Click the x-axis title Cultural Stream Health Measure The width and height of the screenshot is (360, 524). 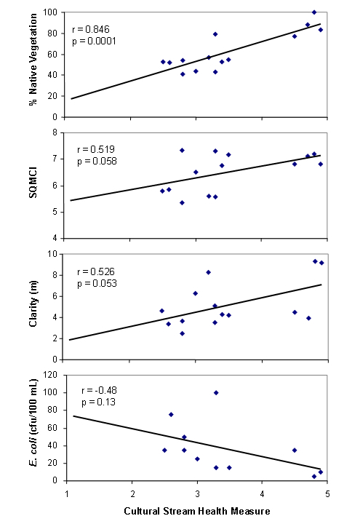[x=196, y=511]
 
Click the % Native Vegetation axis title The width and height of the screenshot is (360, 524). [x=33, y=60]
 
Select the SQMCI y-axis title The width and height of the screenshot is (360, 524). [x=33, y=183]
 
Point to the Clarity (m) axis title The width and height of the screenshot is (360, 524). [x=33, y=303]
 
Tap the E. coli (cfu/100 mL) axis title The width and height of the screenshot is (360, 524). [x=33, y=423]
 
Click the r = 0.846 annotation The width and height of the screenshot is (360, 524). [x=90, y=29]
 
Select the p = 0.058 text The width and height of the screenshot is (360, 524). [x=97, y=162]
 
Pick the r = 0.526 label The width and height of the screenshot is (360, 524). [x=96, y=271]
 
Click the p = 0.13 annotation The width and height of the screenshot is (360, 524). [x=98, y=402]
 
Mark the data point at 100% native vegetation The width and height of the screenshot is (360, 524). [x=314, y=12]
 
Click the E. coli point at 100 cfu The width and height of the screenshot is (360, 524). [x=216, y=393]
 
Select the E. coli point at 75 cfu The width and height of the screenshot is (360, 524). [x=171, y=414]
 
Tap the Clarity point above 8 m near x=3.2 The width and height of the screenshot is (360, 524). [x=209, y=272]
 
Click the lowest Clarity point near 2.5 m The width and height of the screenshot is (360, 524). [x=182, y=333]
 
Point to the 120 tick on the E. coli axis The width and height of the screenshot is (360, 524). [x=50, y=375]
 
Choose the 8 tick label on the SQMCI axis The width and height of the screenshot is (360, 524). [x=55, y=132]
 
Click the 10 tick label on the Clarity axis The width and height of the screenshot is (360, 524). [x=52, y=254]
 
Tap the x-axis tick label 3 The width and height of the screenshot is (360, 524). [x=197, y=494]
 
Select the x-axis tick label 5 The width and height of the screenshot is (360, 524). [x=327, y=494]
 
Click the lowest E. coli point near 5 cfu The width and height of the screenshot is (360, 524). [x=314, y=477]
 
